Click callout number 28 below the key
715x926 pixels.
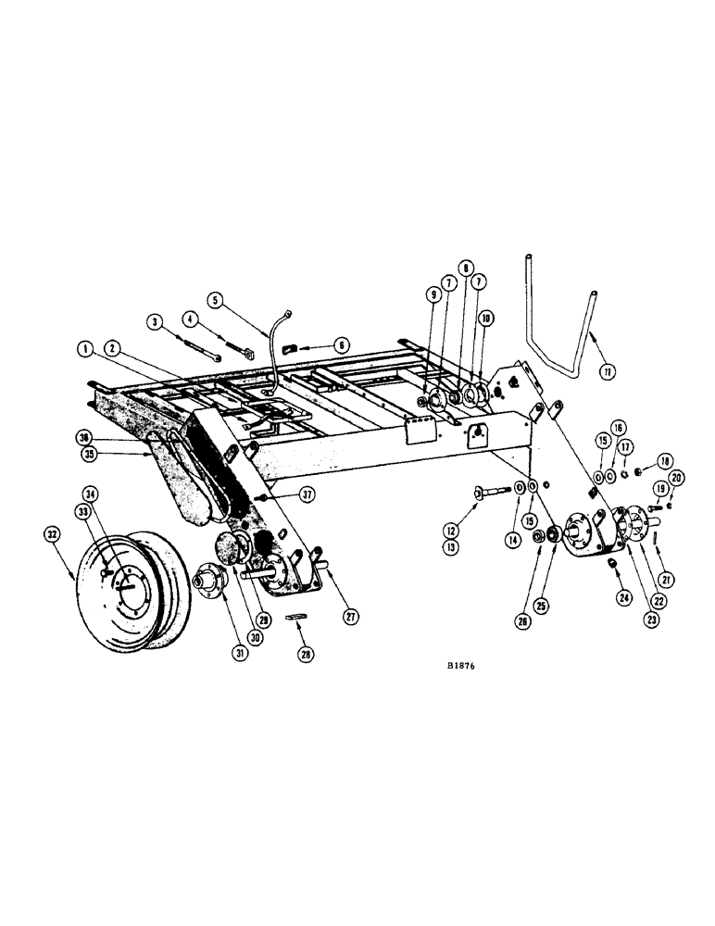(307, 655)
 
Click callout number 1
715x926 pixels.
(86, 349)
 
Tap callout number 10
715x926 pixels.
(485, 319)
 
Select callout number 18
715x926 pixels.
(663, 460)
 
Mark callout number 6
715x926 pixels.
(342, 344)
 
